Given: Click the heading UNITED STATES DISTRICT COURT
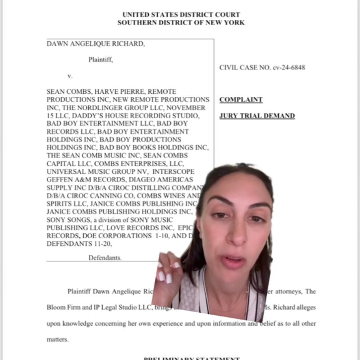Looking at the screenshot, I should point(181,15).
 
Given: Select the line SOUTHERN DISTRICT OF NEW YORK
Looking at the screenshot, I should point(181,23).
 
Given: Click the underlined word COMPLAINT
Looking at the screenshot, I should point(241,100).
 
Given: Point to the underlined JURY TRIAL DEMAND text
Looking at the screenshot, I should point(257,116).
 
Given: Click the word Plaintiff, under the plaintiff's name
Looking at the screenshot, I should point(101,60).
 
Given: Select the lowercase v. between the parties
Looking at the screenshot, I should point(70,76).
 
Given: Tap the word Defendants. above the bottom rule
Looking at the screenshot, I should point(105,258).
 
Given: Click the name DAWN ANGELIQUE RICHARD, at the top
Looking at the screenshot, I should point(96,44).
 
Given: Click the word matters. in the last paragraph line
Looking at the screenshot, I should point(57,339).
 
